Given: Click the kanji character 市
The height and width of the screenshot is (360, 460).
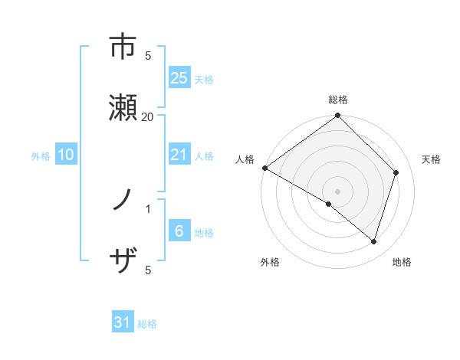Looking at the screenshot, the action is [123, 47].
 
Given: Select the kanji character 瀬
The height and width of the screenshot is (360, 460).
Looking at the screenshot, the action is [123, 107].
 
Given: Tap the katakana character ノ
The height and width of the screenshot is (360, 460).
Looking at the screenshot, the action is [123, 201].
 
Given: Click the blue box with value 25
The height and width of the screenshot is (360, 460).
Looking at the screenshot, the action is [179, 77].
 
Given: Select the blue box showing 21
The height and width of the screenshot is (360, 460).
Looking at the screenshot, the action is [179, 155].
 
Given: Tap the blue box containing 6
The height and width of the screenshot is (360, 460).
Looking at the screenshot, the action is [179, 232].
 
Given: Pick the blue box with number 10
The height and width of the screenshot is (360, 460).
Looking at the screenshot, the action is [66, 155].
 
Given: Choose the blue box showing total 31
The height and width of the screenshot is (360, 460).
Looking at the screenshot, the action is [123, 322].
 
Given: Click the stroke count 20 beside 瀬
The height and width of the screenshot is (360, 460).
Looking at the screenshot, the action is [148, 116].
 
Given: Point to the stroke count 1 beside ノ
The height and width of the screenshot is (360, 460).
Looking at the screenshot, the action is [148, 208].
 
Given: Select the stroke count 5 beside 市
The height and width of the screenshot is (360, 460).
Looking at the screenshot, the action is [148, 55].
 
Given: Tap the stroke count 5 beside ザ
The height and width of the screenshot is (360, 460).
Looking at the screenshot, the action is [148, 270].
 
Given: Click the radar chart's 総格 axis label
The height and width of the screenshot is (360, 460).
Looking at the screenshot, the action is [338, 100].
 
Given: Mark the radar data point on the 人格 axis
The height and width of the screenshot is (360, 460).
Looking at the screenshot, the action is [264, 168].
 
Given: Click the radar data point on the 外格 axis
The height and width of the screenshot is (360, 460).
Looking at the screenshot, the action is [329, 204].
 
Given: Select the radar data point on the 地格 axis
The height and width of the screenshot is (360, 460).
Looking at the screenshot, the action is [374, 241].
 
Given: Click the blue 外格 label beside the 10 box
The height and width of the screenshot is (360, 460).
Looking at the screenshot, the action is [41, 155].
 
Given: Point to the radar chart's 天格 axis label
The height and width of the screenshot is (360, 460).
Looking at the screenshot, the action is [432, 159].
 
